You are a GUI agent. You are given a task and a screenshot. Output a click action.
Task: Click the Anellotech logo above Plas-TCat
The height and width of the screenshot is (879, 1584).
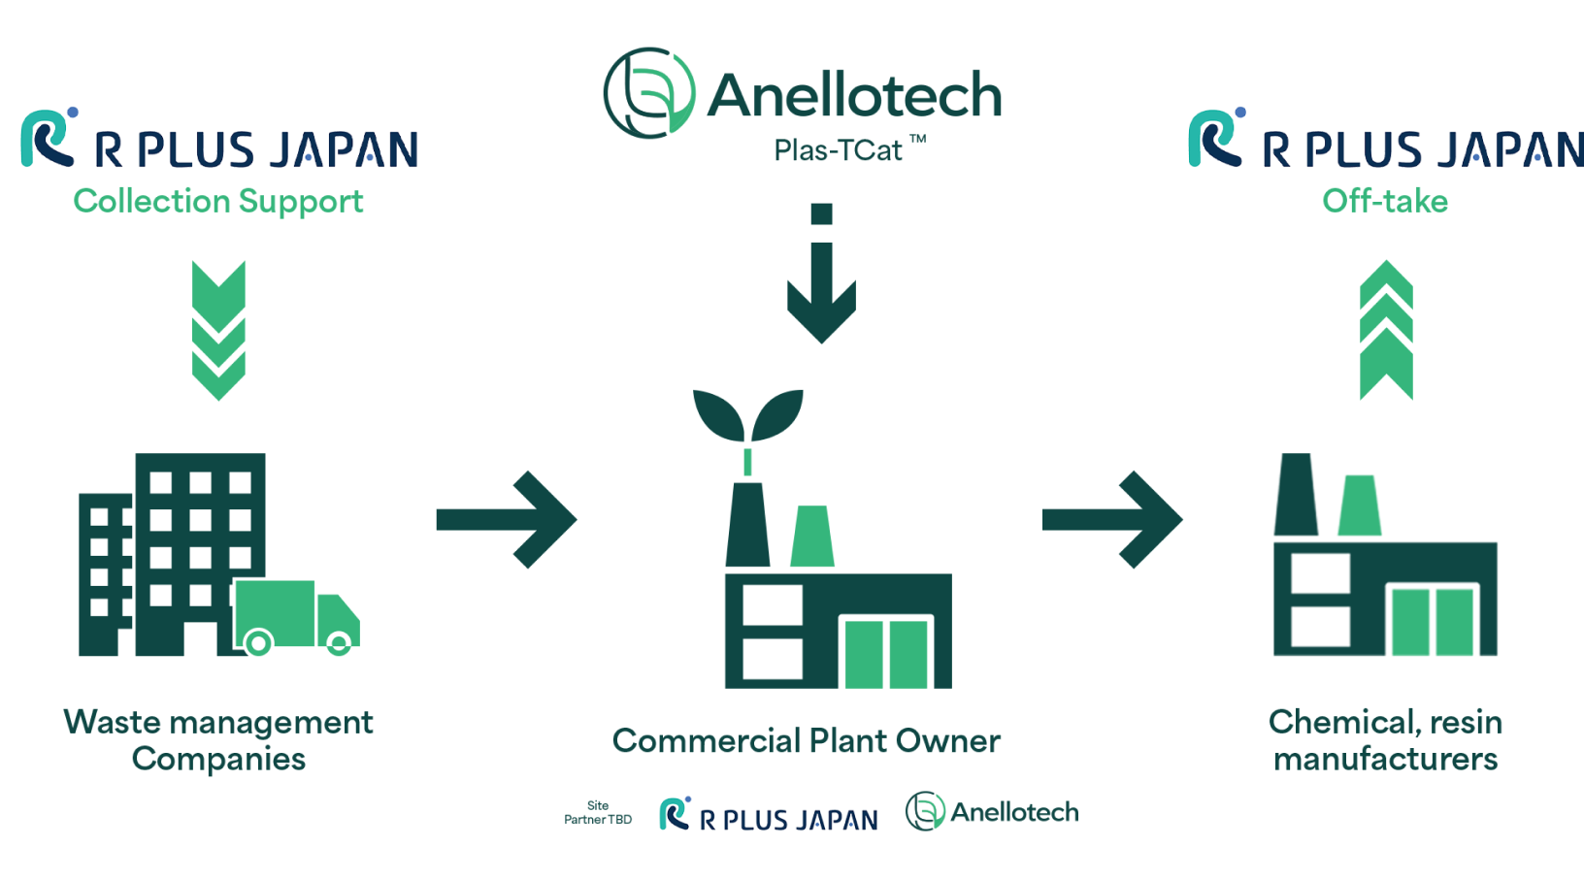[x=803, y=94]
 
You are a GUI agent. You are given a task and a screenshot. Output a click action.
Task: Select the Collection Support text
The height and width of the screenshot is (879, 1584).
[x=218, y=201]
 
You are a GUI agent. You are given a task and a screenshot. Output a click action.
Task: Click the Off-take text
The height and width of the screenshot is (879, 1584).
[x=1385, y=201]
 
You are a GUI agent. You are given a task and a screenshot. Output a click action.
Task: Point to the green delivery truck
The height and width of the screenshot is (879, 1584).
[x=295, y=617]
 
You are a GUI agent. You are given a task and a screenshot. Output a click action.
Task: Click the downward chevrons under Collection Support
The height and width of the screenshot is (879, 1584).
[x=218, y=330]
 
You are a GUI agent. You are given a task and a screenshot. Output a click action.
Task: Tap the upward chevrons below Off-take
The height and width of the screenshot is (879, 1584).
[x=1386, y=330]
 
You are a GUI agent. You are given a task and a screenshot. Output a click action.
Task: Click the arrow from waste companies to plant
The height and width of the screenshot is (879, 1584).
[x=507, y=520]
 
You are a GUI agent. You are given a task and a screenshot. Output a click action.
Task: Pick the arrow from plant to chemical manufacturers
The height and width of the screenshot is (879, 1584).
[x=1112, y=520]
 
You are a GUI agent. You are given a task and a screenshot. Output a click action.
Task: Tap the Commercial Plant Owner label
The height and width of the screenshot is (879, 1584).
[x=806, y=741]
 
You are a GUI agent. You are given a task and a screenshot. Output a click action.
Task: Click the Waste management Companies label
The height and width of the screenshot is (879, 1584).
[x=218, y=740]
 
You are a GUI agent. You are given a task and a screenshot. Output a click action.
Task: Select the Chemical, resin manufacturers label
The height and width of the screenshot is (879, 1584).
[x=1386, y=740]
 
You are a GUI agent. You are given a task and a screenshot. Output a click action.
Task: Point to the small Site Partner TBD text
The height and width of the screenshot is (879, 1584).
[x=598, y=813]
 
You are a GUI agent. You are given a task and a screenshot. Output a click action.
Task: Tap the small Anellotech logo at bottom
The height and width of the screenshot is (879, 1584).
[x=992, y=812]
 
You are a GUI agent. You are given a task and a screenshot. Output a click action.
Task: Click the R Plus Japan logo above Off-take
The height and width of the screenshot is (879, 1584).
[x=1385, y=142]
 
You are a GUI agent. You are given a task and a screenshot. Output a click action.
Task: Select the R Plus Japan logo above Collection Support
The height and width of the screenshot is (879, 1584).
[x=219, y=142]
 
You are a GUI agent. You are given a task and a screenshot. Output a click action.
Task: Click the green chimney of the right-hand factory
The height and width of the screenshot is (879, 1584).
[x=1359, y=505]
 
